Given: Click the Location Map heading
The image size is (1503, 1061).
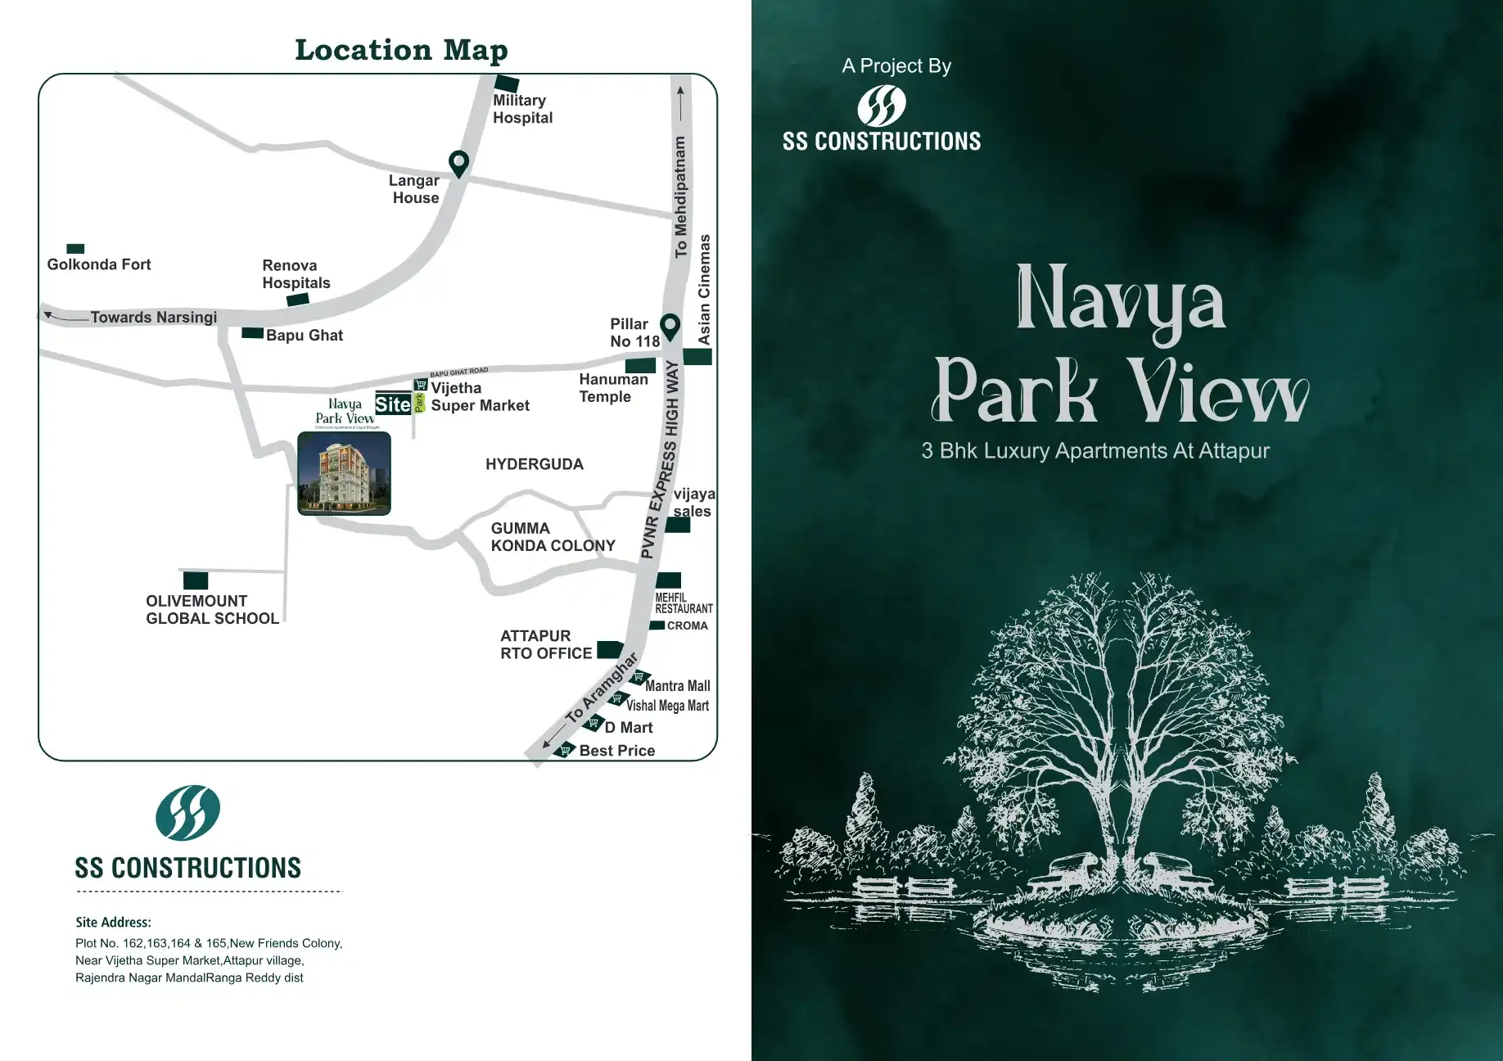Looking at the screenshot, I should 401,50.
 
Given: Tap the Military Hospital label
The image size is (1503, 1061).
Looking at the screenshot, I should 522,109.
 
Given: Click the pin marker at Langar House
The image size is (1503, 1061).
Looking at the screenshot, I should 459,163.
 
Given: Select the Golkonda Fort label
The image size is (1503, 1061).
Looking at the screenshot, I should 99,264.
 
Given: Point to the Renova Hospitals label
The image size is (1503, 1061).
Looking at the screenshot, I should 296,274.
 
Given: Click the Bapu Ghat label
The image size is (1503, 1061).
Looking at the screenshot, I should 304,336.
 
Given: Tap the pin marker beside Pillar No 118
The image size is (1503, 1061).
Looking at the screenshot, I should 670,327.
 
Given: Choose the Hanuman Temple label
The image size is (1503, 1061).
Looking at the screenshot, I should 613,388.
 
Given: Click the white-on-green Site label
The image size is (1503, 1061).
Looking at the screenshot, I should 393,404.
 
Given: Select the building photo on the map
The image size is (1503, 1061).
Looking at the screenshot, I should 344,473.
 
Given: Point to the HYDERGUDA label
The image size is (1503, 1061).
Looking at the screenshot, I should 535,464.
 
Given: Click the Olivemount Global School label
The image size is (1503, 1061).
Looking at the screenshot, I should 212,610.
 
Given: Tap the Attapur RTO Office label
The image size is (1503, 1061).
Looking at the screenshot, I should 546,644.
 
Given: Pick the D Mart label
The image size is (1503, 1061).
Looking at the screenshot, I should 629,728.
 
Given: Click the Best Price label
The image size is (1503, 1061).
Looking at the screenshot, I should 616,751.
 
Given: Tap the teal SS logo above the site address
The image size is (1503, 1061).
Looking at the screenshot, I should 188,813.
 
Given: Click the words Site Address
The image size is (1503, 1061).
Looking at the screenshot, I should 113,922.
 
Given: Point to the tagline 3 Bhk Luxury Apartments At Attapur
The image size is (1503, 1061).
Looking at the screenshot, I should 1095,451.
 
